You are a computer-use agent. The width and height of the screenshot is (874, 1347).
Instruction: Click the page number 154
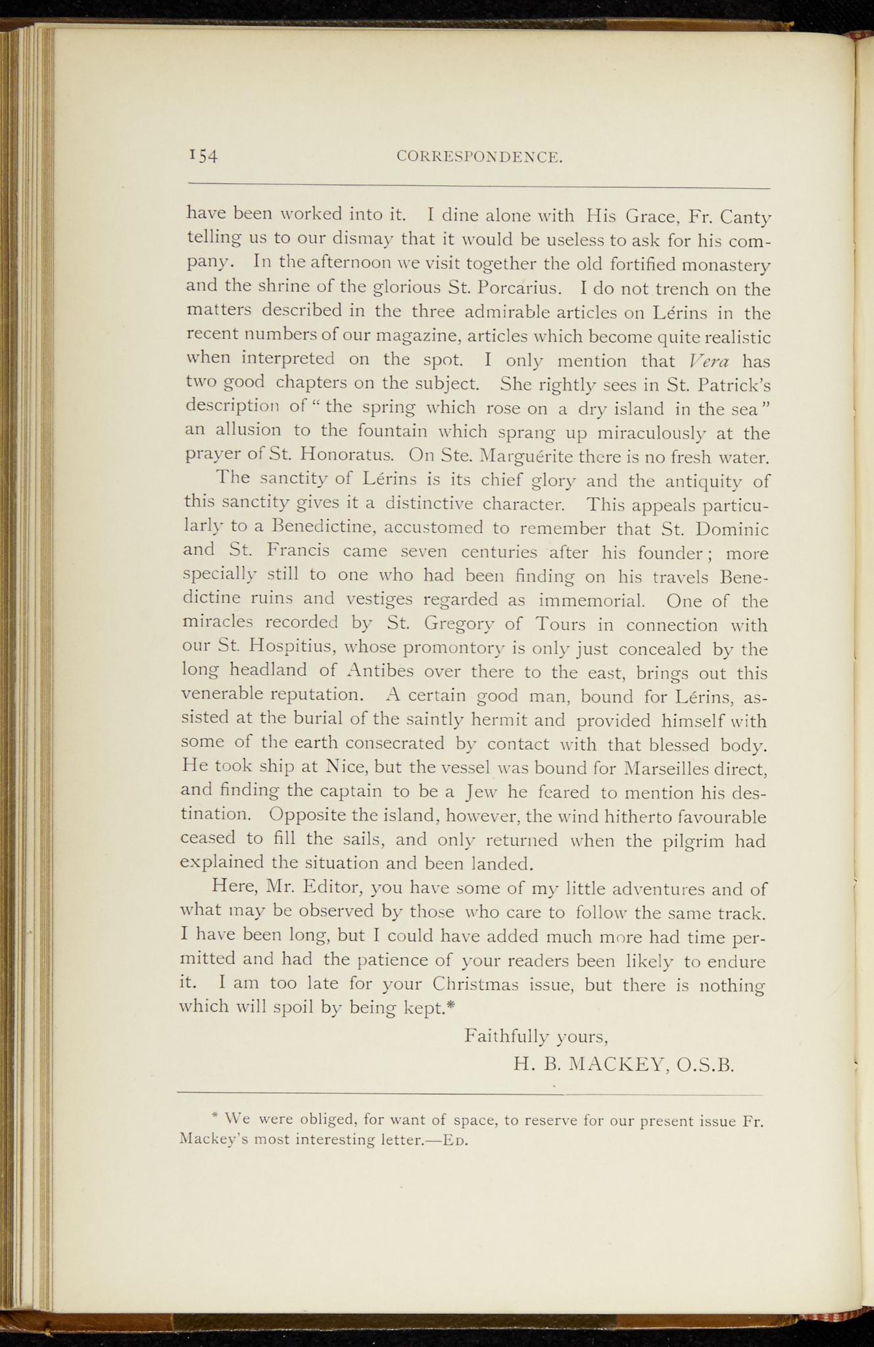pos(203,155)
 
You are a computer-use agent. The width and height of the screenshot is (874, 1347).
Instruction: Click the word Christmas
pos(485,985)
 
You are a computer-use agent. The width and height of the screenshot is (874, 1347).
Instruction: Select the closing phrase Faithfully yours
pos(535,1037)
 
